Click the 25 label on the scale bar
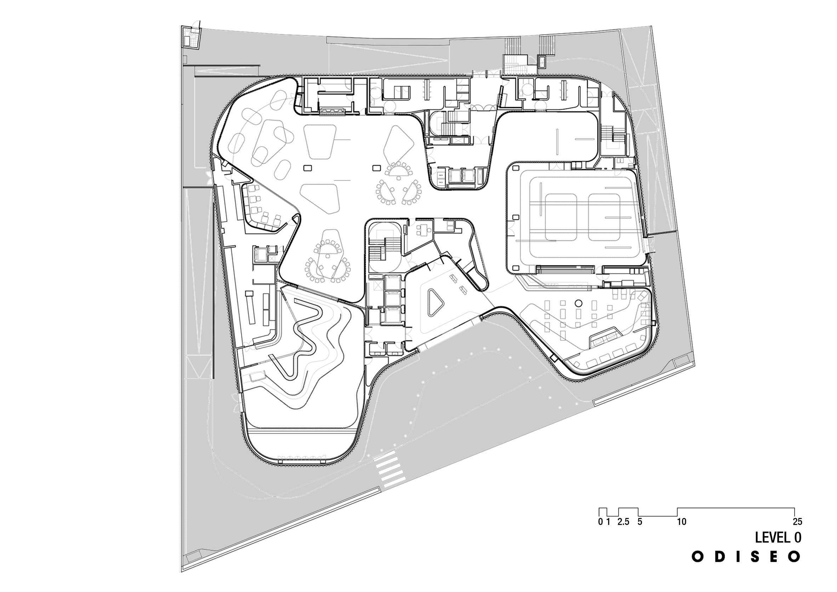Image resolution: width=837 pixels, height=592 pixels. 797,522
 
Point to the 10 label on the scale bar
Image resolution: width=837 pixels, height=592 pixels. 682,522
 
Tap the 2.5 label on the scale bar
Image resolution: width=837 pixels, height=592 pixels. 624,522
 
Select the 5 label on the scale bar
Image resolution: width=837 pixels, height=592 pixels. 640,522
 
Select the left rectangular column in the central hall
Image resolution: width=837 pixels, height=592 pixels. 308,168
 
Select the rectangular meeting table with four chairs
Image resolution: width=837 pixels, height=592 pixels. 423,229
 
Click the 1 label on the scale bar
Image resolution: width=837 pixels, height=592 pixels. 608,522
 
